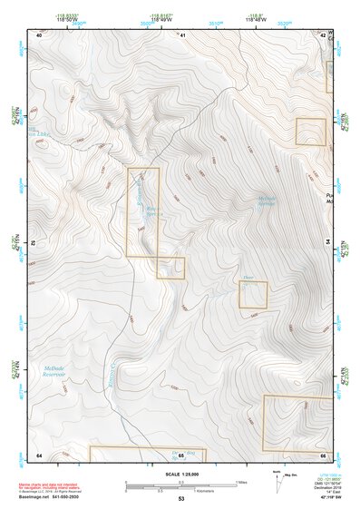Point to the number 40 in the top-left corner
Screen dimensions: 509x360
(39, 34)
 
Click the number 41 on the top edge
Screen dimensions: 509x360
(182, 34)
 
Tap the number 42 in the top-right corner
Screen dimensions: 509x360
(325, 34)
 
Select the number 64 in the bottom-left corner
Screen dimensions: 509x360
(39, 454)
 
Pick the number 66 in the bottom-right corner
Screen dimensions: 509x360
(324, 454)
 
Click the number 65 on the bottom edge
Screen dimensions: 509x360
(181, 455)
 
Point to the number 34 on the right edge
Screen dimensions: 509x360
(327, 242)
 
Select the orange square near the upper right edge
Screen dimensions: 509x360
(310, 132)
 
